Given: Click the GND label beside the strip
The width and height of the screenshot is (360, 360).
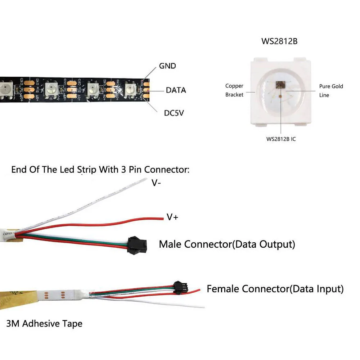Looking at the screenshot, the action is (167, 66).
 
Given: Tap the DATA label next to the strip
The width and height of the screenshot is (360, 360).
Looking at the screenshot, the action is (176, 90).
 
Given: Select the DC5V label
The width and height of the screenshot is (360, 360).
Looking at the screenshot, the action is (176, 113).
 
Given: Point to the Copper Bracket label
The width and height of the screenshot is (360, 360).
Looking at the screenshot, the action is (234, 90).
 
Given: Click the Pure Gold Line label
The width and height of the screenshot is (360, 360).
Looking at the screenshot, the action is (331, 91).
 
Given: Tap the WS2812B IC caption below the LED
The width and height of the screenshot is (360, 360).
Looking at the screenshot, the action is (281, 139).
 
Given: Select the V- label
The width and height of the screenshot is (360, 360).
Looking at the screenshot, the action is (156, 183).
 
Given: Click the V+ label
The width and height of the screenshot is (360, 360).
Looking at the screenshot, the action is (172, 217).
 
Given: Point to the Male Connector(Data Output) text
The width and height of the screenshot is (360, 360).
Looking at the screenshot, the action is (227, 244).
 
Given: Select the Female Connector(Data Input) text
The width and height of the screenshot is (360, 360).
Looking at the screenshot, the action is (275, 288).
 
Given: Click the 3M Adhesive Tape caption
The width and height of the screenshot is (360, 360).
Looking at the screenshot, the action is (44, 323).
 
